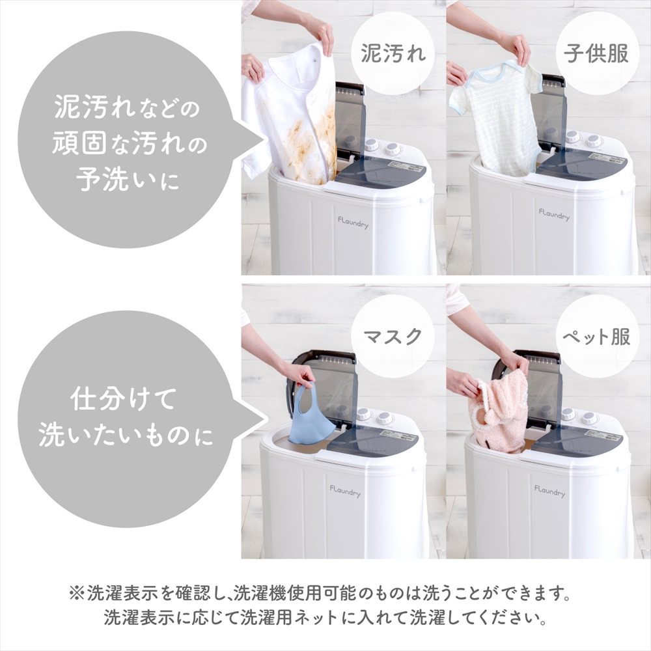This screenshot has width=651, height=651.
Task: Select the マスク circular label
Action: [393, 337]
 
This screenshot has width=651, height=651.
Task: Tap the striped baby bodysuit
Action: [498, 117]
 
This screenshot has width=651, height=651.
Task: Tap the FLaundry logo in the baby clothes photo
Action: [554, 214]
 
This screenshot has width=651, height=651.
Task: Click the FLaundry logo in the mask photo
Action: [344, 489]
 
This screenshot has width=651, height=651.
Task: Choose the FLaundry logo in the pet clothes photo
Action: [549, 490]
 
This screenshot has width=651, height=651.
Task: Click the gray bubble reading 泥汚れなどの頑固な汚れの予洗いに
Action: [127, 140]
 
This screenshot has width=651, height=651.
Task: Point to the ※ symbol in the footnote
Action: [77, 594]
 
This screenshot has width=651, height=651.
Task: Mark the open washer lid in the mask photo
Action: [329, 384]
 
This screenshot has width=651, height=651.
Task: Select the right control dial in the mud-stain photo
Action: [393, 149]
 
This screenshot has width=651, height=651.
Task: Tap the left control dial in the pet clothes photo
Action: [568, 414]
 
